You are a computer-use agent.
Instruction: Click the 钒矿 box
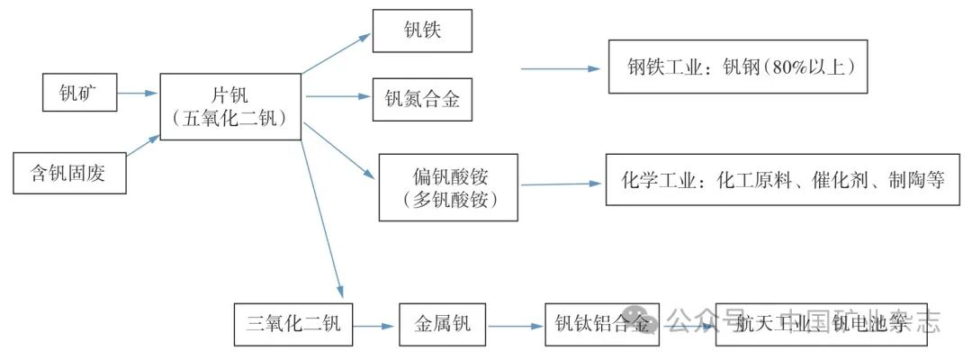click(x=80, y=93)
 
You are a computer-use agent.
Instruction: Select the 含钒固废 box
click(x=68, y=173)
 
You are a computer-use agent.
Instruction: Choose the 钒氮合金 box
click(x=422, y=99)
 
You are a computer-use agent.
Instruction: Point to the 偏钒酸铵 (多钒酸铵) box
click(x=449, y=186)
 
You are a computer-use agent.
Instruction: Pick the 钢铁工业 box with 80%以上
click(x=738, y=67)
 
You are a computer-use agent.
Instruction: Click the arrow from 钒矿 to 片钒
click(x=138, y=92)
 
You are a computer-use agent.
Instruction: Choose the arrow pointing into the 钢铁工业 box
click(x=560, y=68)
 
